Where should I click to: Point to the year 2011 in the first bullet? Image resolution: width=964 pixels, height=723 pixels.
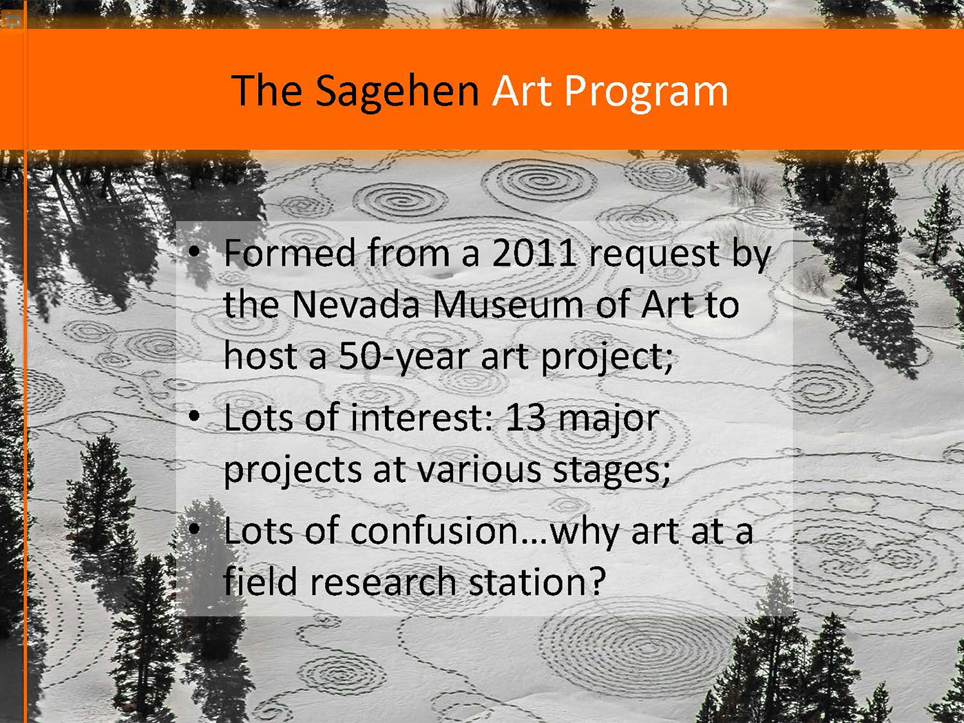click(x=534, y=253)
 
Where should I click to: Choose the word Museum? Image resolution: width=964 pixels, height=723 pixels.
click(x=508, y=304)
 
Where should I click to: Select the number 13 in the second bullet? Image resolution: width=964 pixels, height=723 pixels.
click(x=525, y=418)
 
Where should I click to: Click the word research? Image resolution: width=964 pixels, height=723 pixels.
click(x=384, y=582)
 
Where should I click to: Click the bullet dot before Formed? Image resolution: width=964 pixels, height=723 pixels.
click(x=193, y=251)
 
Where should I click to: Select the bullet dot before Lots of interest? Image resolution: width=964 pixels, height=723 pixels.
click(x=193, y=417)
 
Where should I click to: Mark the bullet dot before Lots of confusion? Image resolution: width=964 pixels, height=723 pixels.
click(x=193, y=529)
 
